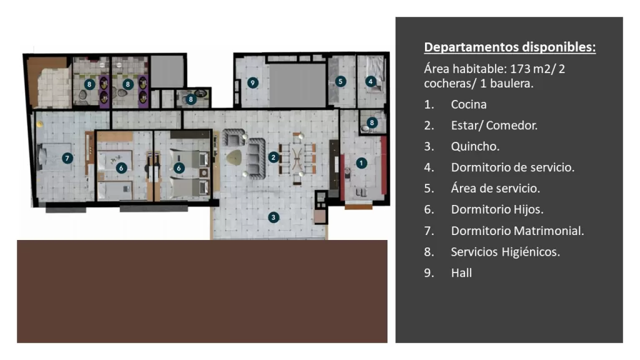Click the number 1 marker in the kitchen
361,163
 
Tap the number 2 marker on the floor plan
274,157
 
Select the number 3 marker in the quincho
274,217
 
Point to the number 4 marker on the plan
371,81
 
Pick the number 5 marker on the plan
341,81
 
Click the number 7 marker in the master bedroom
67,158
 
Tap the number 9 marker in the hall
252,83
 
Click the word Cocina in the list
469,104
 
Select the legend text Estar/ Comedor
494,125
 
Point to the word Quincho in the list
475,146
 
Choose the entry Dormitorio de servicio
512,167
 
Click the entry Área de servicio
496,188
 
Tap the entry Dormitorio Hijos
497,209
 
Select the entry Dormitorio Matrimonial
517,231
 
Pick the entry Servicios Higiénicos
505,252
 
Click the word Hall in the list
461,272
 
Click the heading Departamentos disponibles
510,47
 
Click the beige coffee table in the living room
234,157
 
